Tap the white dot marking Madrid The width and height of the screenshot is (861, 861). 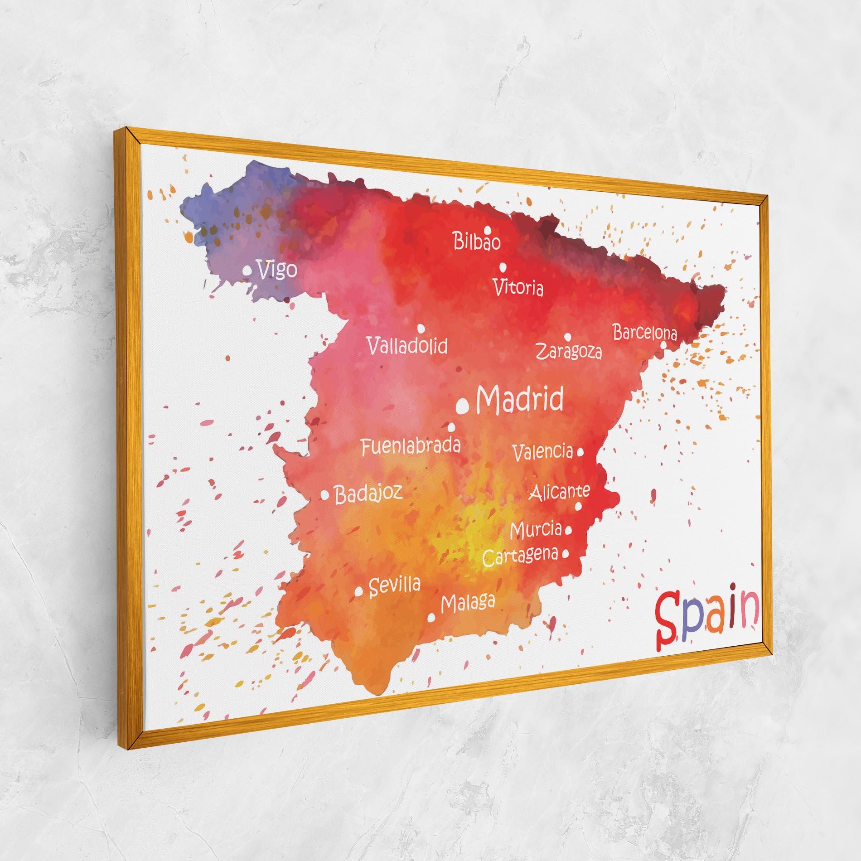tap(463, 406)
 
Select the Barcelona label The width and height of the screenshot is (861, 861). tap(645, 333)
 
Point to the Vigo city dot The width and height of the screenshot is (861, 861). tap(247, 271)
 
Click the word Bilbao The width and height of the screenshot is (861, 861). tap(477, 242)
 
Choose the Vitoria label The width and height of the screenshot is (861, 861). tap(518, 287)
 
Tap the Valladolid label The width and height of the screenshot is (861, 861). tap(407, 346)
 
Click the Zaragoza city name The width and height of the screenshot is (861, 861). tap(569, 351)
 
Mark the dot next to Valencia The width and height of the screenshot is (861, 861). tap(580, 451)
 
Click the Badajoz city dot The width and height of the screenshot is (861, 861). tap(325, 496)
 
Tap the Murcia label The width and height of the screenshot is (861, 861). tap(536, 529)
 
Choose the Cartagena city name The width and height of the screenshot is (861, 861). tap(520, 556)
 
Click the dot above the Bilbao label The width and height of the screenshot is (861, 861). tap(488, 229)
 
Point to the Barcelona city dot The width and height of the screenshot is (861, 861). tap(663, 345)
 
